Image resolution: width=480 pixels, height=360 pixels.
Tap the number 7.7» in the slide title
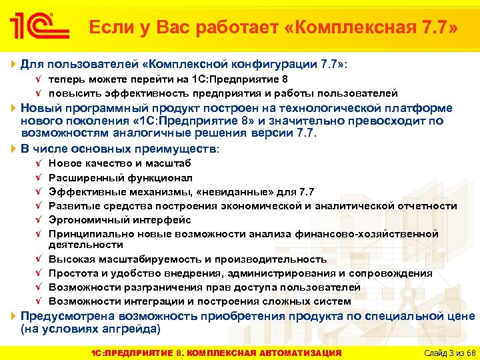pyautogui.click(x=435, y=28)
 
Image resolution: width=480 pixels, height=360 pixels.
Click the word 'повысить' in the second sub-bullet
pyautogui.click(x=72, y=93)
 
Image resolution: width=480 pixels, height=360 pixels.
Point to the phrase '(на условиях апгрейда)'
pyautogui.click(x=91, y=329)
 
